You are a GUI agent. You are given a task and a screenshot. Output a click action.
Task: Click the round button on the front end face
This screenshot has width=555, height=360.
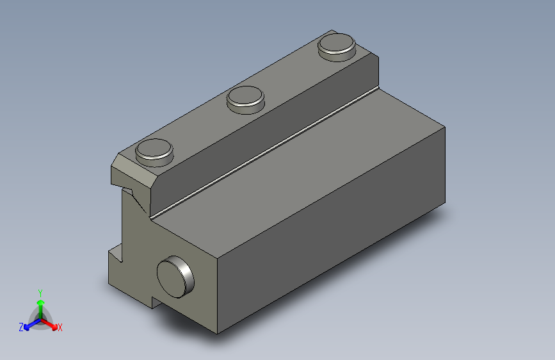(x=175, y=277)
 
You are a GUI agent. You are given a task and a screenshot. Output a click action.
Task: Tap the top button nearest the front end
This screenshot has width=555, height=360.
(x=154, y=152)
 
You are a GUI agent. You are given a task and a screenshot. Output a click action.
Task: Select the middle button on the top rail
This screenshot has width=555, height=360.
(x=246, y=100)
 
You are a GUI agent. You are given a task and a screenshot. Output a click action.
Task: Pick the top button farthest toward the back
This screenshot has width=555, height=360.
(x=337, y=47)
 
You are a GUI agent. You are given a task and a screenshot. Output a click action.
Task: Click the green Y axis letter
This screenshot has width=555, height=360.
(x=40, y=293)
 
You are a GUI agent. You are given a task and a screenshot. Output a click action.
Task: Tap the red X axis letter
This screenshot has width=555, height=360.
(x=60, y=327)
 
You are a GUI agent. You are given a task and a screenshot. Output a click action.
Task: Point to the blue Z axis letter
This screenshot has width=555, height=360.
(x=21, y=327)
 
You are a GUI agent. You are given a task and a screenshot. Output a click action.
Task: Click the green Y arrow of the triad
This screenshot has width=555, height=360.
(x=41, y=309)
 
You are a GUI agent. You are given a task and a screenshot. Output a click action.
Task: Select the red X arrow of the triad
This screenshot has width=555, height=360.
(x=49, y=324)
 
